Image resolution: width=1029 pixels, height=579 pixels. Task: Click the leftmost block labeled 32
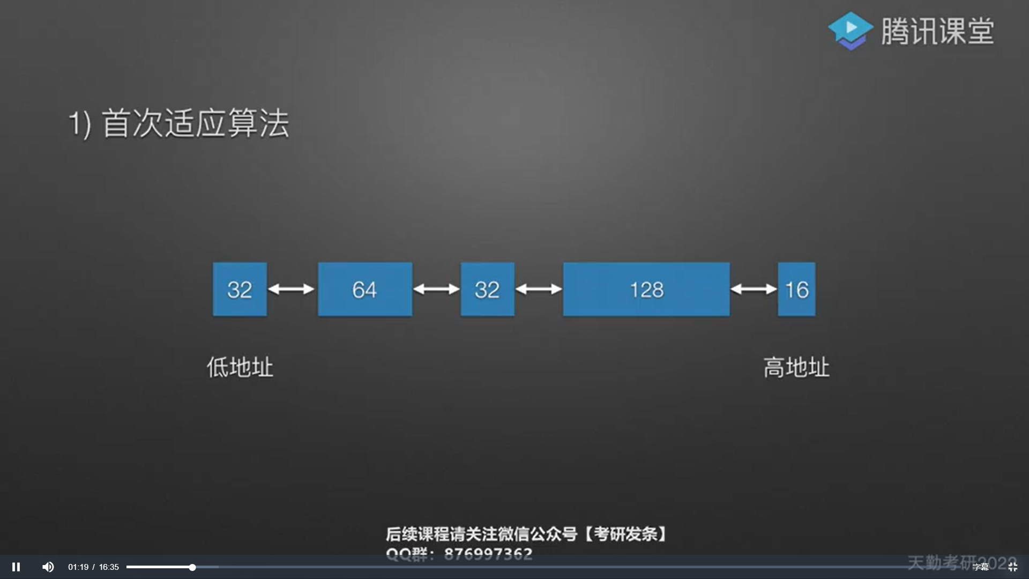pyautogui.click(x=240, y=289)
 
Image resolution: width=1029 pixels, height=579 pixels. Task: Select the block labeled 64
pyautogui.click(x=364, y=289)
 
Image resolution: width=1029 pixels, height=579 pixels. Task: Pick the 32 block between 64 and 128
pyautogui.click(x=487, y=289)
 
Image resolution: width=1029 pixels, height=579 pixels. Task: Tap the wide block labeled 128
pyautogui.click(x=646, y=289)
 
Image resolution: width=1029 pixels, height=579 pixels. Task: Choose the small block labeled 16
pyautogui.click(x=796, y=289)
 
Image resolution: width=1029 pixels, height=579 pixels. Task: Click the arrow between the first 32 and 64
pyautogui.click(x=291, y=289)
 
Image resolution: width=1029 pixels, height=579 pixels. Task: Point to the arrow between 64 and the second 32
pyautogui.click(x=436, y=289)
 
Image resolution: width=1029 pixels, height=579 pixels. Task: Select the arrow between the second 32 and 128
pyautogui.click(x=539, y=289)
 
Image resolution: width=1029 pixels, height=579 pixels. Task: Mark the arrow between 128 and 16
pyautogui.click(x=754, y=289)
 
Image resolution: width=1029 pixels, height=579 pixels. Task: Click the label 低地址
pyautogui.click(x=240, y=368)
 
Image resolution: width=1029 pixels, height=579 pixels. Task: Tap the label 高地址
pyautogui.click(x=796, y=368)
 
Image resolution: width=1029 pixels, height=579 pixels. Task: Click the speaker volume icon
pyautogui.click(x=48, y=567)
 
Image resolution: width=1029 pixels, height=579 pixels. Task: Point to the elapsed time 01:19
pyautogui.click(x=78, y=567)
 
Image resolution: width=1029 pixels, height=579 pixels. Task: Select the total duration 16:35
pyautogui.click(x=109, y=567)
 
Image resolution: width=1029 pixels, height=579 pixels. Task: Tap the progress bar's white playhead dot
pyautogui.click(x=192, y=567)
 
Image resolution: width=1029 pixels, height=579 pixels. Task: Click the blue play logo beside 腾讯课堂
pyautogui.click(x=850, y=31)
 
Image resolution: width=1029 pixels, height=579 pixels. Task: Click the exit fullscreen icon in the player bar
pyautogui.click(x=1012, y=567)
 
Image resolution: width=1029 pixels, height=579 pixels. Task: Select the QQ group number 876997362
pyautogui.click(x=488, y=553)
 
